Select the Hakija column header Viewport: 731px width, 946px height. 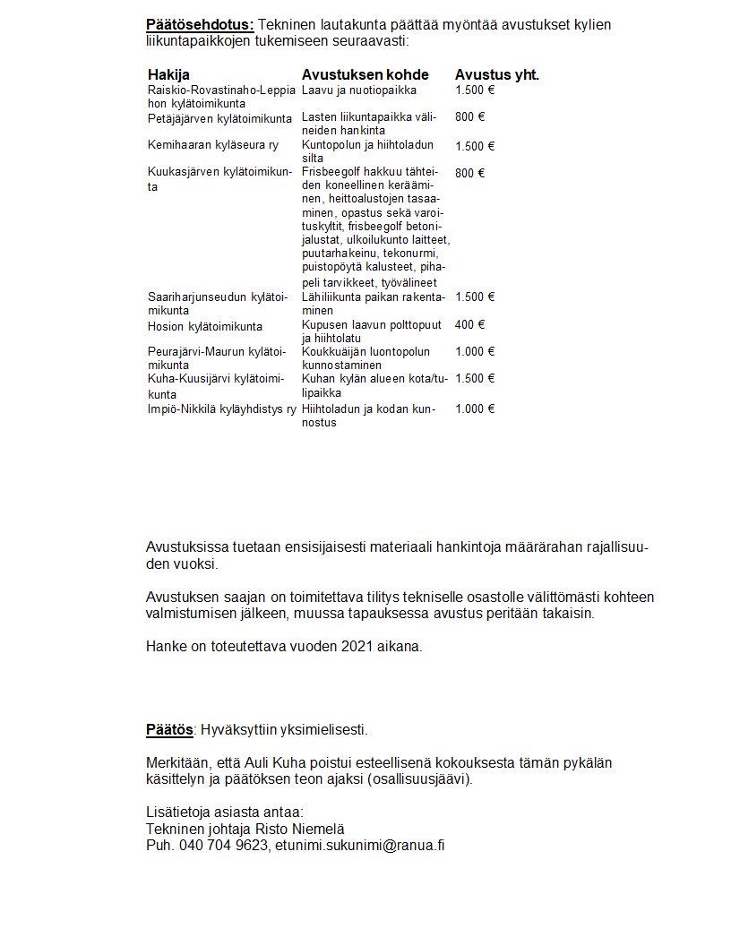[x=168, y=74]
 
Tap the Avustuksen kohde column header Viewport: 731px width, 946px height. [x=365, y=74]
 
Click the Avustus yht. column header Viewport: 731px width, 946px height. [x=496, y=74]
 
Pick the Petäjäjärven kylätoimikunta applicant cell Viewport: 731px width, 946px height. [x=219, y=118]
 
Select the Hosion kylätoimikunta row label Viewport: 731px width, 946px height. [x=205, y=326]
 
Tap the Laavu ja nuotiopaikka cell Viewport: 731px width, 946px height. [x=359, y=90]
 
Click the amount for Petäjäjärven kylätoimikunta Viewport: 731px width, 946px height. [x=469, y=117]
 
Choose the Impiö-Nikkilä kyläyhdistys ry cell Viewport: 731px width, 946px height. [x=221, y=409]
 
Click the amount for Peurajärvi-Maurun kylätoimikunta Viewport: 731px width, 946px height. [x=475, y=352]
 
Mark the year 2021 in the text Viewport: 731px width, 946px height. [x=357, y=646]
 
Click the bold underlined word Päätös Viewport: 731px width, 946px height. [x=169, y=729]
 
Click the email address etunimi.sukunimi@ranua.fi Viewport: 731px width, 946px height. [x=359, y=845]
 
